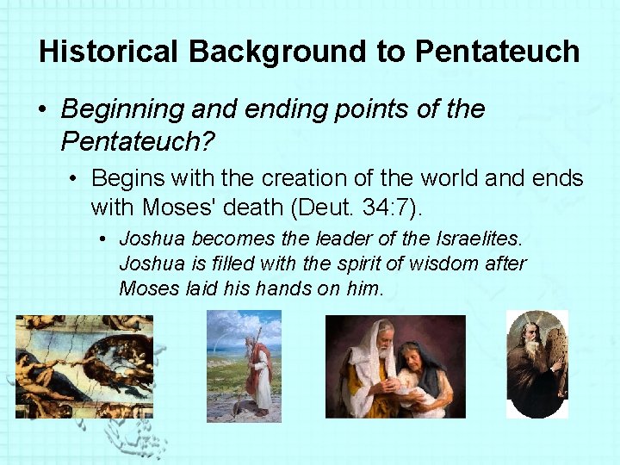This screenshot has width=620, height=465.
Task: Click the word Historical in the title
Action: click(x=108, y=52)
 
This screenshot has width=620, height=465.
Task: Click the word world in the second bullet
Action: click(x=446, y=178)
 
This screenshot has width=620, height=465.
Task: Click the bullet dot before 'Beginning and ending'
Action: click(x=42, y=110)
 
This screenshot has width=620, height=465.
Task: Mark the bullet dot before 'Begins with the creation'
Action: click(x=76, y=179)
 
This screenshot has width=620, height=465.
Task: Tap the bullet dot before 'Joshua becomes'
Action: click(x=102, y=238)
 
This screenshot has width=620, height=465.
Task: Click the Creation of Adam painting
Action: click(x=84, y=366)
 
